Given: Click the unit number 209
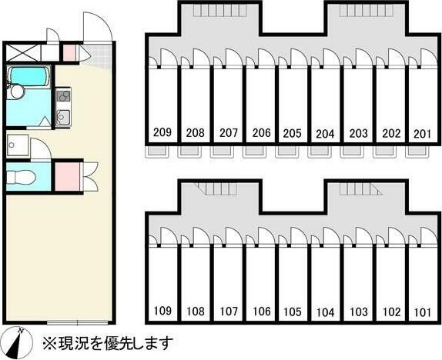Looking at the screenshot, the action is pyautogui.click(x=162, y=132).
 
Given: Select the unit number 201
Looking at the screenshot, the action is pyautogui.click(x=422, y=134).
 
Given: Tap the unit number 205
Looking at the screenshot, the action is pyautogui.click(x=293, y=133).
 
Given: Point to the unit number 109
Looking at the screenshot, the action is pyautogui.click(x=162, y=311).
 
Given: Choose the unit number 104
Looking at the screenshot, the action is pyautogui.click(x=325, y=312).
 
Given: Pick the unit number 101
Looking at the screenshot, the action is pyautogui.click(x=423, y=312).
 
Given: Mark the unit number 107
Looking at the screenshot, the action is pyautogui.click(x=229, y=312).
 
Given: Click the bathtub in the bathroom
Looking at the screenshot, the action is pyautogui.click(x=28, y=76).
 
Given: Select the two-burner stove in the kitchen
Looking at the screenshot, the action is pyautogui.click(x=63, y=96).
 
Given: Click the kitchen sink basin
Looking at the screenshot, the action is pyautogui.click(x=63, y=116).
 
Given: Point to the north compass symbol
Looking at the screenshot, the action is pyautogui.click(x=17, y=343).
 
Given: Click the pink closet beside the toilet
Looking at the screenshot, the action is pyautogui.click(x=67, y=177).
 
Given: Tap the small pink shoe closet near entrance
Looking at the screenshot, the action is pyautogui.click(x=69, y=53).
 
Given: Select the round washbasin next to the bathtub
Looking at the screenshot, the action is pyautogui.click(x=15, y=92).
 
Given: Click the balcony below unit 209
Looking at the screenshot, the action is pyautogui.click(x=156, y=152).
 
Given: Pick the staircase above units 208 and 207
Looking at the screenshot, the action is pyautogui.click(x=220, y=11).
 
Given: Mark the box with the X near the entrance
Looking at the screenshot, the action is pyautogui.click(x=23, y=52).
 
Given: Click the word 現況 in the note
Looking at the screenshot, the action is pyautogui.click(x=69, y=343).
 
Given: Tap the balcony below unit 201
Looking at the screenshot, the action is pyautogui.click(x=417, y=152).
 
